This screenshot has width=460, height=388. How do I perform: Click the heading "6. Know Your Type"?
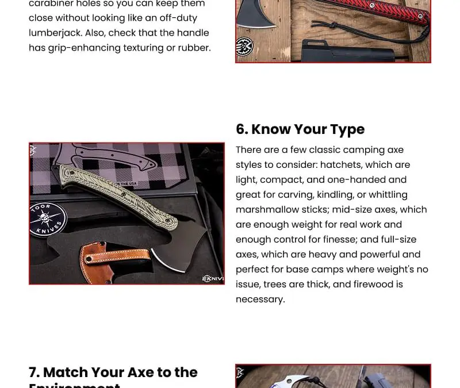point(300,129)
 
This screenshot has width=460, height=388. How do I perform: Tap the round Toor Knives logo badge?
point(48,220)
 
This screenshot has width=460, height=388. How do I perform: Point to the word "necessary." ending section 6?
point(260,299)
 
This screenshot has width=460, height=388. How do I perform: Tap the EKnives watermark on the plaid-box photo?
point(212,279)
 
